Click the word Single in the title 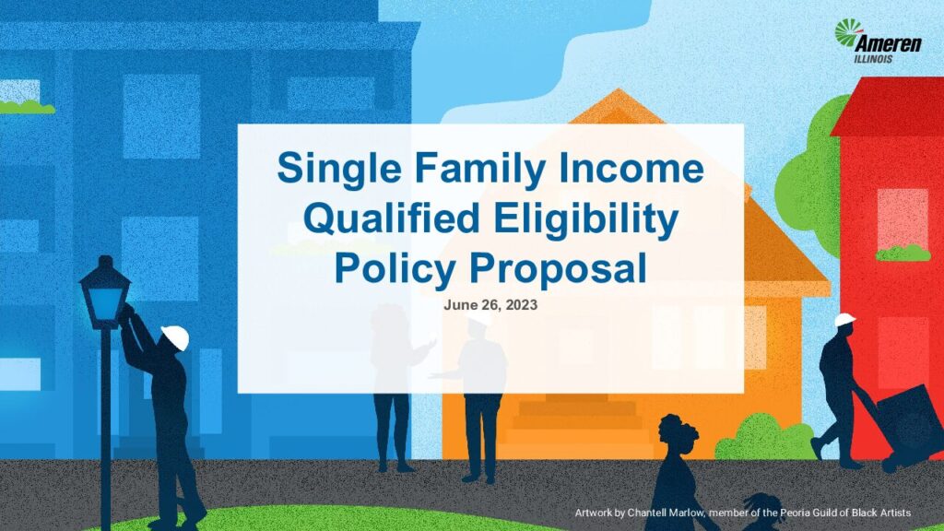point(339,170)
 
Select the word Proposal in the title point(558,268)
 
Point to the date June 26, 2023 point(490,304)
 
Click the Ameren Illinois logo point(878,41)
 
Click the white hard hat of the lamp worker point(176,337)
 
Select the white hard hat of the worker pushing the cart point(844,319)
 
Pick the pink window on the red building point(903,219)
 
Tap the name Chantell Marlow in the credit point(666,513)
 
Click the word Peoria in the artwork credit point(794,513)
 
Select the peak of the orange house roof point(618,89)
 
